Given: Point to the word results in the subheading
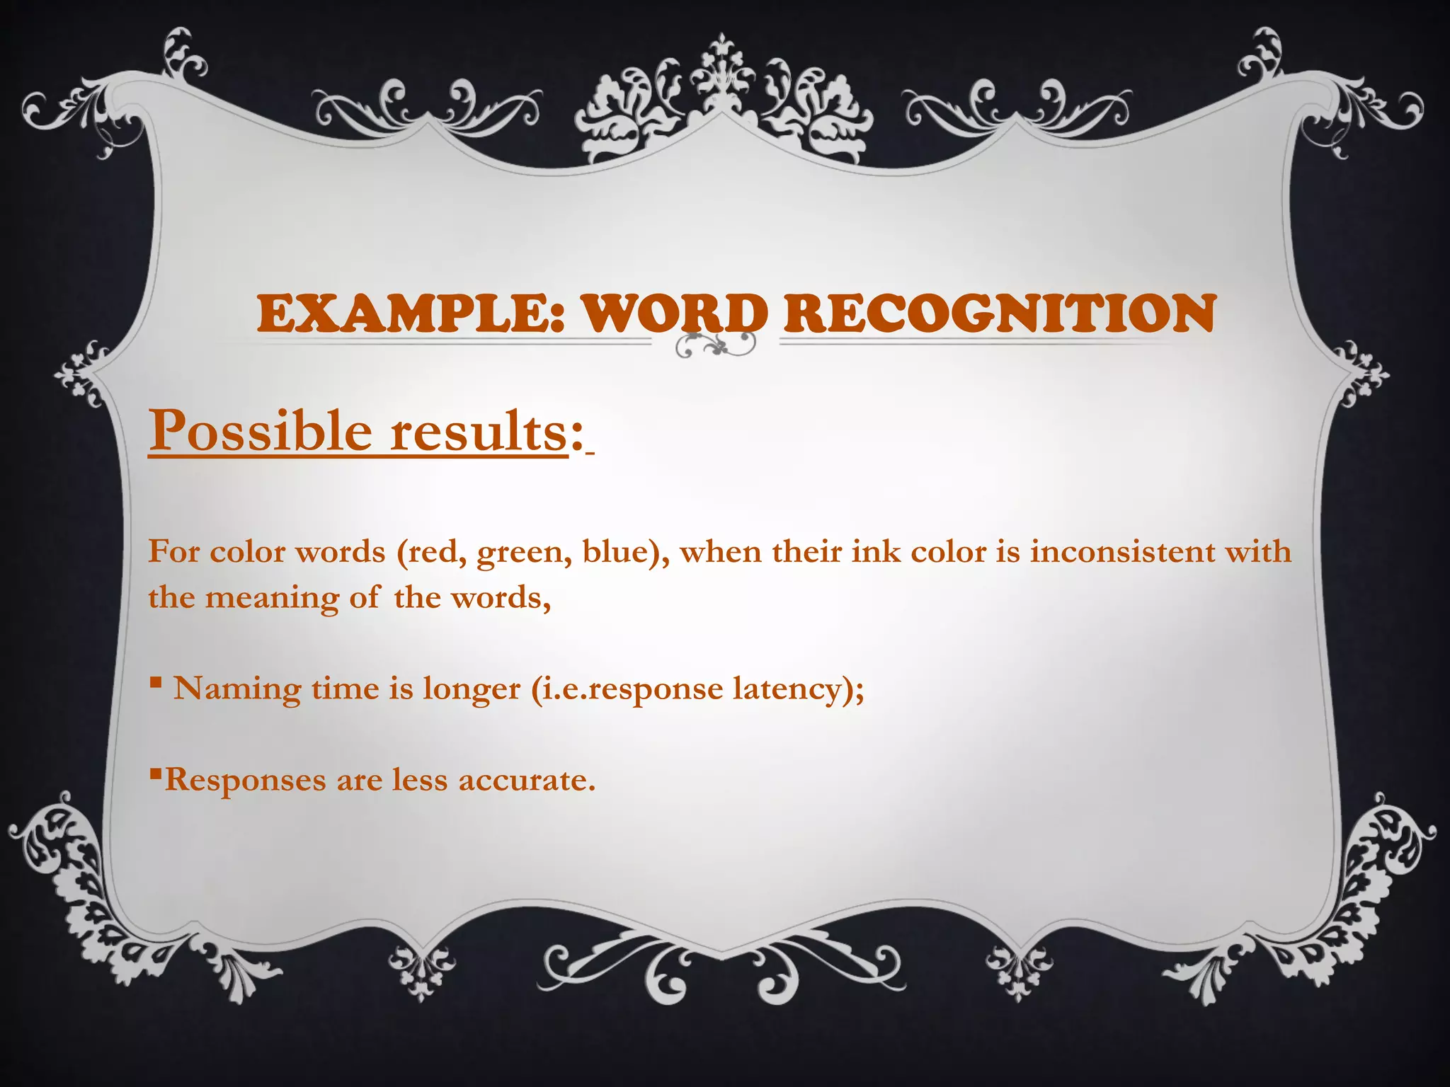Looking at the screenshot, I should pos(478,432).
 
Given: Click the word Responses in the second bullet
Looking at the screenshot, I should pos(245,781).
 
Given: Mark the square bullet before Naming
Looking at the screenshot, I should pos(156,683).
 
